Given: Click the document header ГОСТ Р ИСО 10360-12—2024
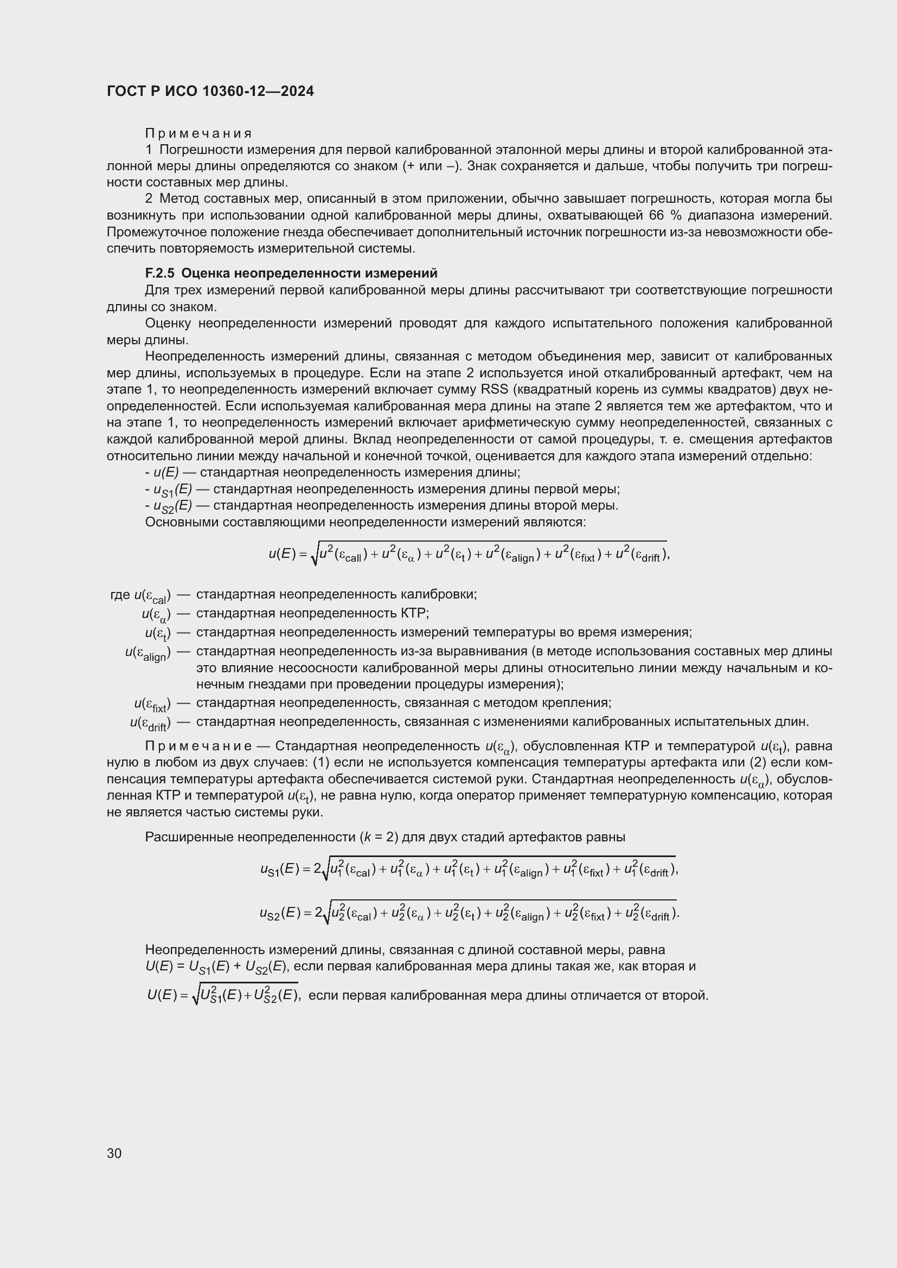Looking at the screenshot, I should click(x=210, y=91).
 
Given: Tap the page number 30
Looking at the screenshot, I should click(x=114, y=1153).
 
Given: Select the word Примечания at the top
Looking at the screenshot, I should click(x=198, y=134).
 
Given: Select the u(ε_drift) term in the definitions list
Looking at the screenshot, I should click(x=150, y=723).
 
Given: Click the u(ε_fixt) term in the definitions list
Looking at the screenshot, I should click(x=152, y=704).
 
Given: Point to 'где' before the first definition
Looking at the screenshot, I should click(x=119, y=595).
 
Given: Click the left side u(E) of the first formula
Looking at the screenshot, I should click(x=283, y=554).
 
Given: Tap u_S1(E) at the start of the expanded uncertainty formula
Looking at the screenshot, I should click(x=281, y=869).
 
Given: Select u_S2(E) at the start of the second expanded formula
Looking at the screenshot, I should click(x=281, y=913).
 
